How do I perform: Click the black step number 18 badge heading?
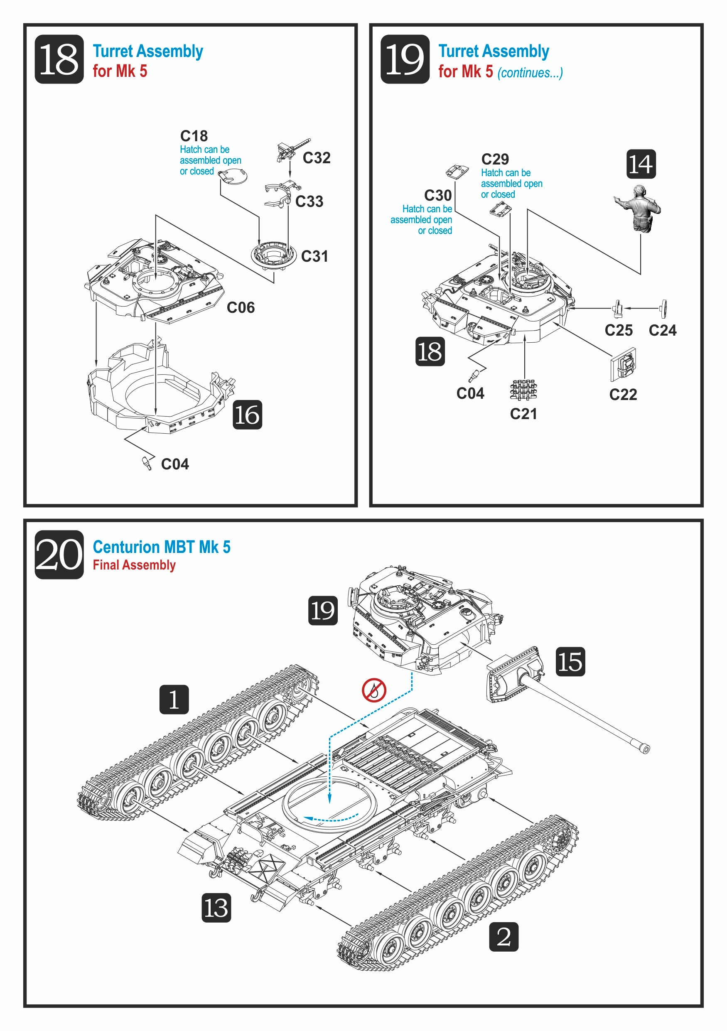(59, 59)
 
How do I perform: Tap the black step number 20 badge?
(59, 555)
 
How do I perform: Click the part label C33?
(309, 201)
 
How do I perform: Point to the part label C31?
(314, 256)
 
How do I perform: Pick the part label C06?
(240, 307)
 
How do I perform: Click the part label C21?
(523, 414)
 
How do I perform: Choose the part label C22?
(623, 394)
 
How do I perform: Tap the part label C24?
(662, 331)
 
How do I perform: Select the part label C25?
(618, 331)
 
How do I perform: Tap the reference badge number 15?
(570, 661)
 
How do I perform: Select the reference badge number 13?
(216, 908)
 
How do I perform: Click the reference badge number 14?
(641, 164)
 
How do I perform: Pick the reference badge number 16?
(247, 415)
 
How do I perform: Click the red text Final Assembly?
(134, 565)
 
